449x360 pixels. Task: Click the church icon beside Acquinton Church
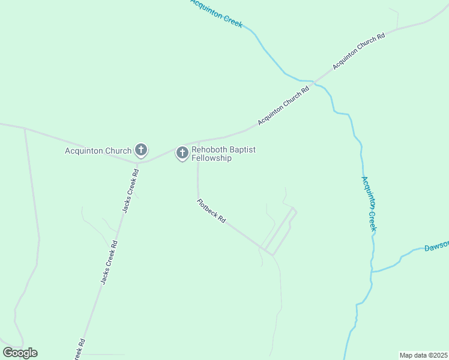pyautogui.click(x=140, y=149)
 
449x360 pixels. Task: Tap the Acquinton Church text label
pyautogui.click(x=98, y=151)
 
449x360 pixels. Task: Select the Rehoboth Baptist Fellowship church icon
pyautogui.click(x=182, y=152)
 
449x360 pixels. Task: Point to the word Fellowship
pyautogui.click(x=211, y=158)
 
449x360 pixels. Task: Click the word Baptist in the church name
pyautogui.click(x=243, y=150)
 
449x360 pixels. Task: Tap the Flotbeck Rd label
pyautogui.click(x=211, y=211)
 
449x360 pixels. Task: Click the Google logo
pyautogui.click(x=20, y=353)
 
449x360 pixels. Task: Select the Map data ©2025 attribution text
pyautogui.click(x=423, y=355)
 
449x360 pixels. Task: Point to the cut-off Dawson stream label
pyautogui.click(x=436, y=247)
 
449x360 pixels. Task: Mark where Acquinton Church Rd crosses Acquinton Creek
pyautogui.click(x=313, y=81)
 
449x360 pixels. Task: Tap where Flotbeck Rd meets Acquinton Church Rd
pyautogui.click(x=198, y=143)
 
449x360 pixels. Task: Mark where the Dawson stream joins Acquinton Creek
pyautogui.click(x=372, y=272)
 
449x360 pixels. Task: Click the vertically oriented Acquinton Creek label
pyautogui.click(x=369, y=203)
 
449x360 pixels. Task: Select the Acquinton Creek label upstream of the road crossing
pyautogui.click(x=216, y=13)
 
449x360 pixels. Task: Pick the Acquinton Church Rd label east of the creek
pyautogui.click(x=358, y=52)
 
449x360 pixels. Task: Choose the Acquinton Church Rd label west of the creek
pyautogui.click(x=283, y=106)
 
